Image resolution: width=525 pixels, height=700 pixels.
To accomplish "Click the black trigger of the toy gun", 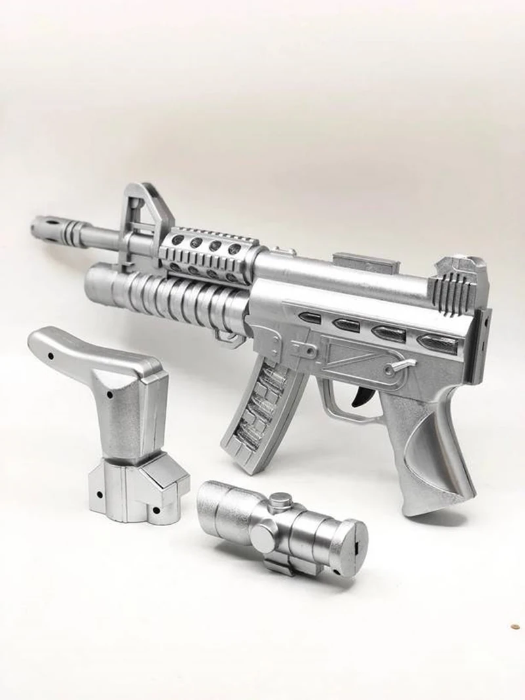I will point(360,396).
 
